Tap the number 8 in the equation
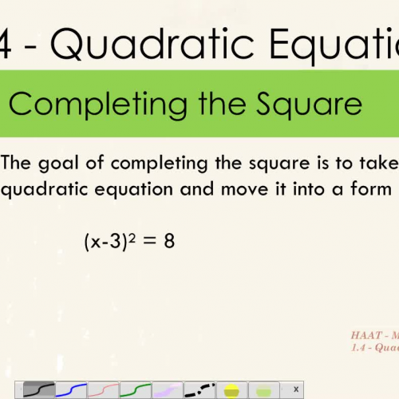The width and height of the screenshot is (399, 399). pyautogui.click(x=169, y=242)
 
